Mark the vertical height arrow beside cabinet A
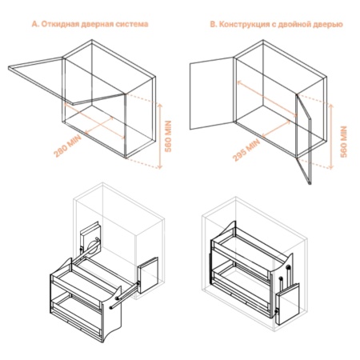161,134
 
